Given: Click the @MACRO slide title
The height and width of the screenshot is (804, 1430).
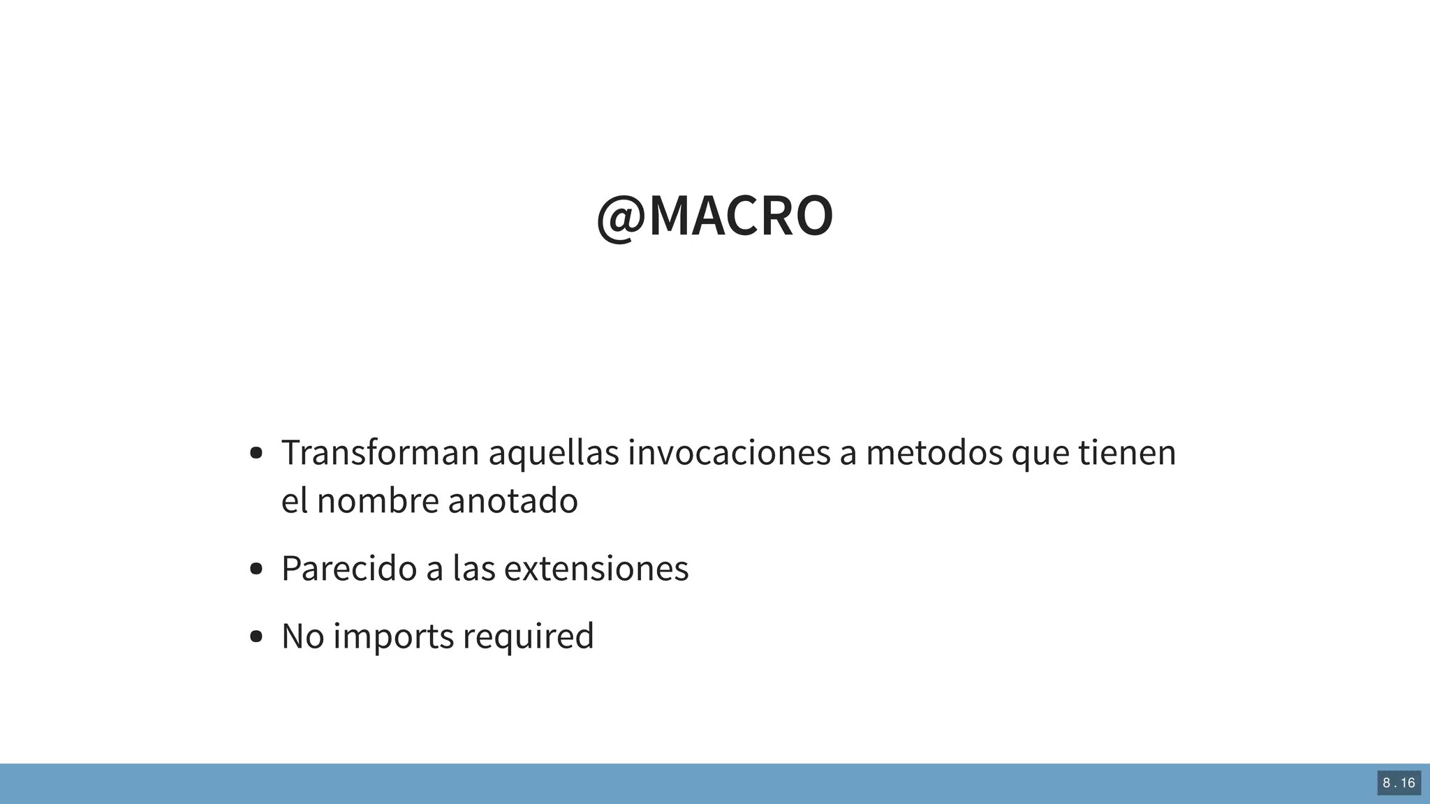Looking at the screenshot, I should [x=714, y=216].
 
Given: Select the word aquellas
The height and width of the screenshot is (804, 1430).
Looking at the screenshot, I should [x=553, y=452].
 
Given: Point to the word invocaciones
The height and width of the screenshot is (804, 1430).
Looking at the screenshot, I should [x=728, y=452].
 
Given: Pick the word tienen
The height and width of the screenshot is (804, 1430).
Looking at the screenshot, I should [x=1127, y=452].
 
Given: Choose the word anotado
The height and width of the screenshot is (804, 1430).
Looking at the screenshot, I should [x=513, y=500].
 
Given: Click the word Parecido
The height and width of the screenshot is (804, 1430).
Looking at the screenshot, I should [x=349, y=568].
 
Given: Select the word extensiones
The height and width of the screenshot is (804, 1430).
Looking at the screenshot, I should [x=596, y=568].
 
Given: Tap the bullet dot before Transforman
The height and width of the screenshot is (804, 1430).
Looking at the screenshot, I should [x=256, y=453].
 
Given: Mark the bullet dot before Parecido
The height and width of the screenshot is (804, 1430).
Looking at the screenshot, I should [x=256, y=569].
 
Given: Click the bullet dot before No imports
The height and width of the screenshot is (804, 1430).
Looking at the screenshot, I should [x=256, y=636].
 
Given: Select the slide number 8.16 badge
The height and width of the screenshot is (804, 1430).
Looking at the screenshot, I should [x=1399, y=783].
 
